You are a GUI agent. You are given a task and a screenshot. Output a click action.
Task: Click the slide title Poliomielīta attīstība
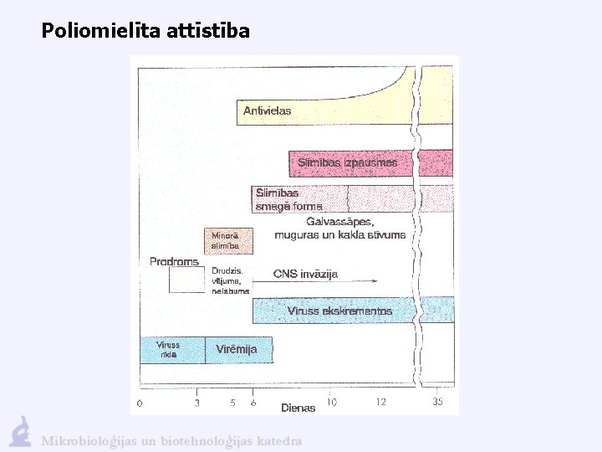(145, 32)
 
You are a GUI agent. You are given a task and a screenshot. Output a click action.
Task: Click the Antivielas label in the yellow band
(268, 110)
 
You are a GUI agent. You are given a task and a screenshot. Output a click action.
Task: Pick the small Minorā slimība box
(226, 241)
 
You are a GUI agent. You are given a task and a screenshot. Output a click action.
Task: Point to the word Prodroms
(174, 262)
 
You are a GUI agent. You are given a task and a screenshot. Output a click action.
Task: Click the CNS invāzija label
(306, 274)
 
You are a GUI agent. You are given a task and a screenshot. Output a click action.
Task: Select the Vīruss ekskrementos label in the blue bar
(339, 311)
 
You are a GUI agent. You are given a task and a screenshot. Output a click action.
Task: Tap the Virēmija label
(237, 349)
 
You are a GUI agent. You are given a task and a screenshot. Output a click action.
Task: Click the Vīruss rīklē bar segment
(169, 349)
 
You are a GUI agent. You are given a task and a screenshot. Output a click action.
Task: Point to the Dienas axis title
(298, 408)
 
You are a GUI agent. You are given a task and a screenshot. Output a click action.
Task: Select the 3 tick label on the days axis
(197, 403)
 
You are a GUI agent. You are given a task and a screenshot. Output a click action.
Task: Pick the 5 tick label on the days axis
(232, 403)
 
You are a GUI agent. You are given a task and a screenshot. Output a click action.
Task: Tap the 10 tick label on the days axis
(332, 403)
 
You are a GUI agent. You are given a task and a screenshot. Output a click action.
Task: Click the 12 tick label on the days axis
(381, 403)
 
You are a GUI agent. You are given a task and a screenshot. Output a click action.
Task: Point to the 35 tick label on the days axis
(438, 403)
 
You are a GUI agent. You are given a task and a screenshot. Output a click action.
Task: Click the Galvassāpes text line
(340, 222)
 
